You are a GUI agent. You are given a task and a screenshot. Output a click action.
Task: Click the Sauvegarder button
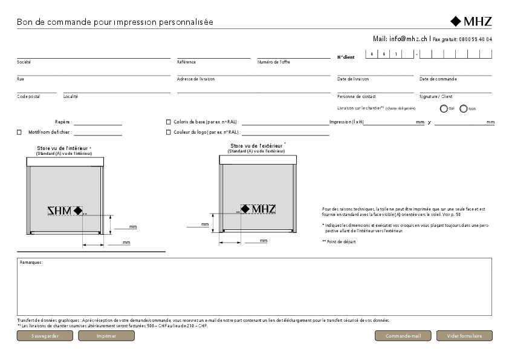[x=45, y=336]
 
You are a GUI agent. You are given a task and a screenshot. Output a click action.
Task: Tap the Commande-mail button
[x=403, y=336]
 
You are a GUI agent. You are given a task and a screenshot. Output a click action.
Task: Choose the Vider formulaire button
[x=464, y=336]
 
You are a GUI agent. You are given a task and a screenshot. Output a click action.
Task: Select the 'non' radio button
[x=464, y=109]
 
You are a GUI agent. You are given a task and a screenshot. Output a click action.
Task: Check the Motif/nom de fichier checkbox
[x=19, y=131]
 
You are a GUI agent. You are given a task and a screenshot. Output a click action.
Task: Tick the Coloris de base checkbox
[x=168, y=122]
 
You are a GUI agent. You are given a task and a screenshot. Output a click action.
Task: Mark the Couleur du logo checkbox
[x=168, y=131]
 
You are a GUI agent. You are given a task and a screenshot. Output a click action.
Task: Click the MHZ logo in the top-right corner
[x=471, y=22]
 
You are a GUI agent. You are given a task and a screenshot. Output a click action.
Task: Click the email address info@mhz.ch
[x=408, y=39]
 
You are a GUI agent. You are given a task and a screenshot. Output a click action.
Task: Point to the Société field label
[x=24, y=62]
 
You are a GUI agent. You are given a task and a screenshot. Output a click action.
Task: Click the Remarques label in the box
[x=31, y=262]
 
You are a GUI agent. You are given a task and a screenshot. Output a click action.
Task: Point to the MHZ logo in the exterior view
[x=258, y=209]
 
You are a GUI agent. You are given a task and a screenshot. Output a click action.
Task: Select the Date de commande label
[x=438, y=79]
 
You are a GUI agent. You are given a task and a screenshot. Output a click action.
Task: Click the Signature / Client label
[x=436, y=96]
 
